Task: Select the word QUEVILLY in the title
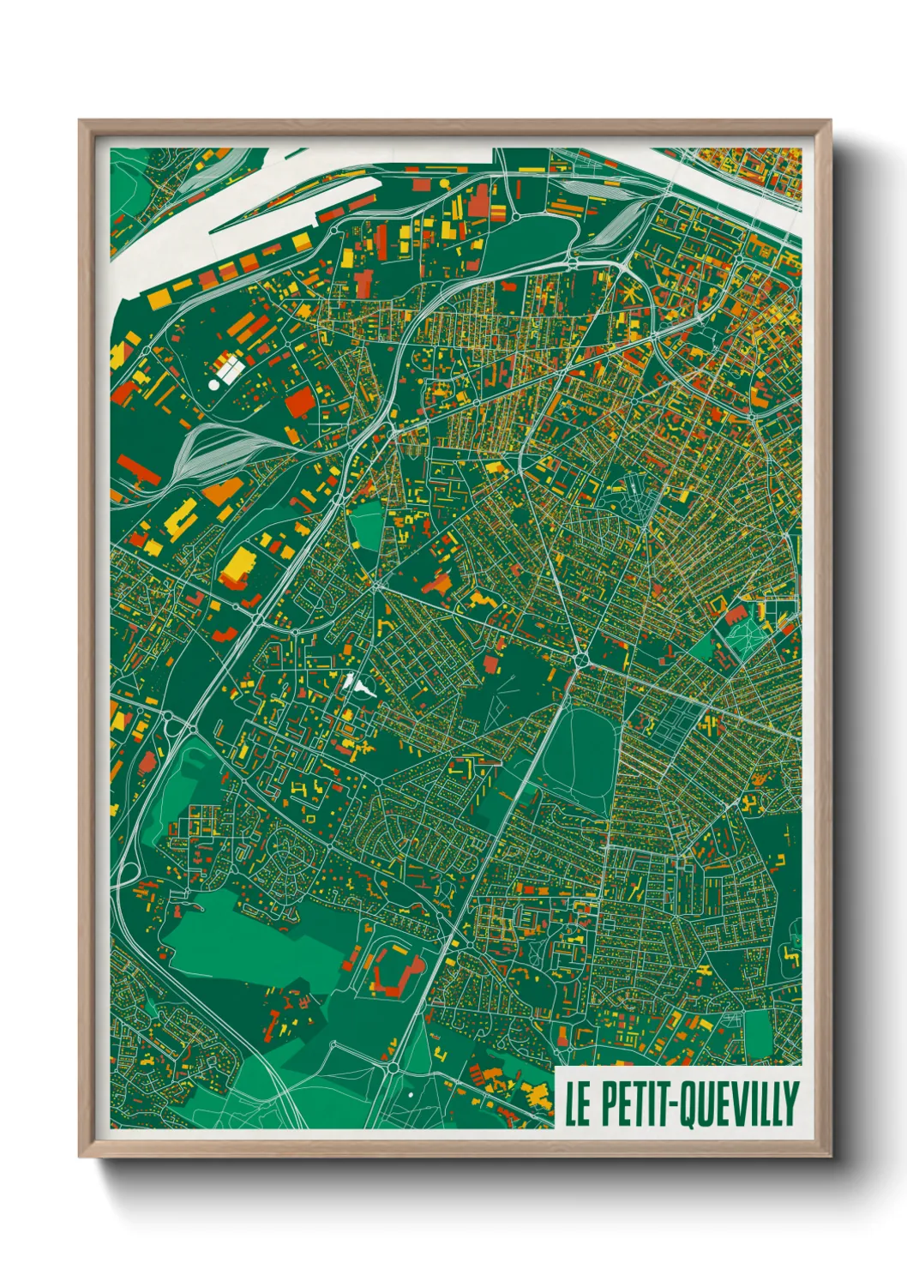(741, 1104)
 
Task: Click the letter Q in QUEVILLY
(689, 1104)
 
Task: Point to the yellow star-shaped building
(633, 294)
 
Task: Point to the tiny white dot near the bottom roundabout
(411, 1094)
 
